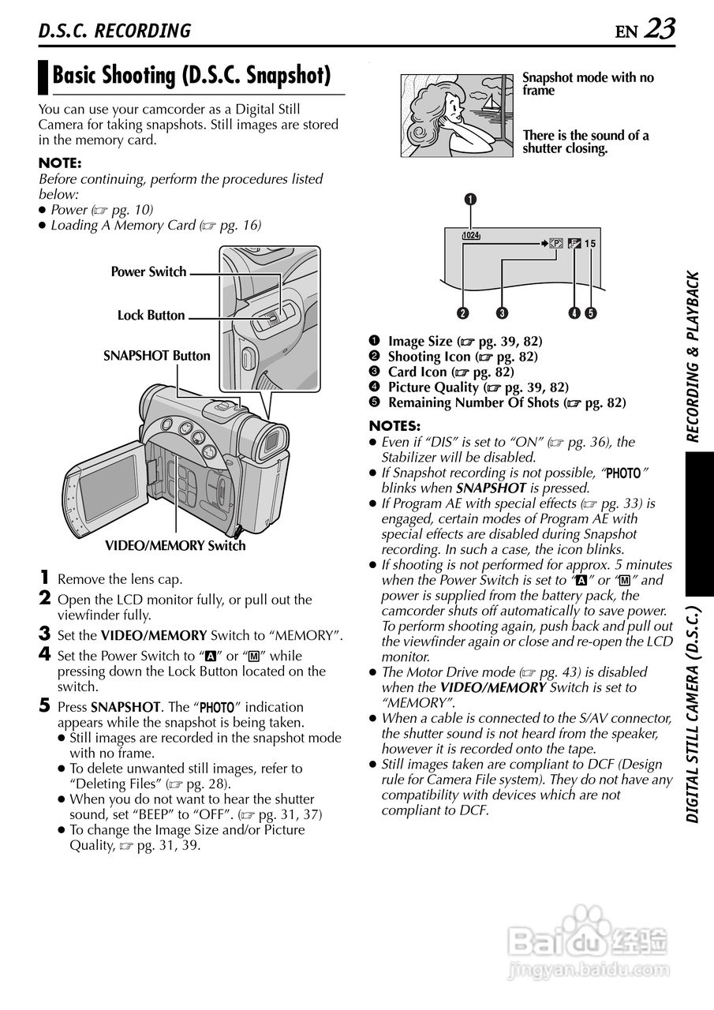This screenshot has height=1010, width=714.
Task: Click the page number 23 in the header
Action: pyautogui.click(x=660, y=29)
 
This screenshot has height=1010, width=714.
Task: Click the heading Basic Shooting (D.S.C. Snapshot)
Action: pyautogui.click(x=191, y=76)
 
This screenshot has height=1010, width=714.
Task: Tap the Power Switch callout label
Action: pyautogui.click(x=148, y=272)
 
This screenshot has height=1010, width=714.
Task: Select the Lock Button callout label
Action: pyautogui.click(x=151, y=316)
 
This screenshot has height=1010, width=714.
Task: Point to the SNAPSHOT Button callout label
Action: pyautogui.click(x=157, y=356)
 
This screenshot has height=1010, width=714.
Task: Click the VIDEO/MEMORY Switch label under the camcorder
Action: pyautogui.click(x=175, y=546)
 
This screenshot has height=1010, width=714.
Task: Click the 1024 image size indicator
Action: pyautogui.click(x=471, y=235)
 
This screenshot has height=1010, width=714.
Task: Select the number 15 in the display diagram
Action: pyautogui.click(x=590, y=244)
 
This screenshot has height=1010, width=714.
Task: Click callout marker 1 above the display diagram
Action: pyautogui.click(x=470, y=199)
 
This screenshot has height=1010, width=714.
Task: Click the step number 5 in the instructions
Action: pyautogui.click(x=46, y=706)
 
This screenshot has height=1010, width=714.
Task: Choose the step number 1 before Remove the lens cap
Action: pyautogui.click(x=46, y=578)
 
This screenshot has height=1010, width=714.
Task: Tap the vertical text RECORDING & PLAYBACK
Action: pyautogui.click(x=693, y=356)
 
